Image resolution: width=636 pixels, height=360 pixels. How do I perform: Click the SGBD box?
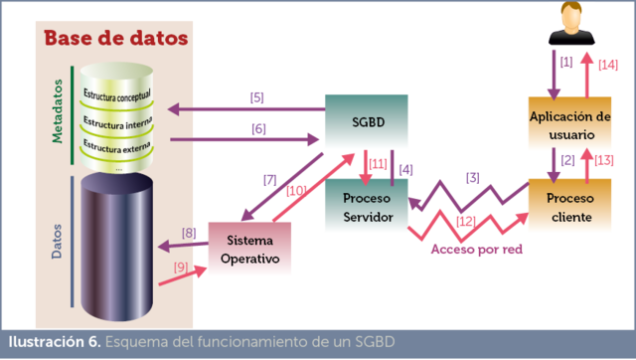[x=367, y=123]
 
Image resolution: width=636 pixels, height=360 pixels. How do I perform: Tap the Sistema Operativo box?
[x=250, y=250]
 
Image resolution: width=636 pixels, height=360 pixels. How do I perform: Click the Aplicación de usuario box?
[x=569, y=125]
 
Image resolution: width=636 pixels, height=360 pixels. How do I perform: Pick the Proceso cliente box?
[x=569, y=206]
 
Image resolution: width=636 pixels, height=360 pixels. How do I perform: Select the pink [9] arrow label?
[x=181, y=267]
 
